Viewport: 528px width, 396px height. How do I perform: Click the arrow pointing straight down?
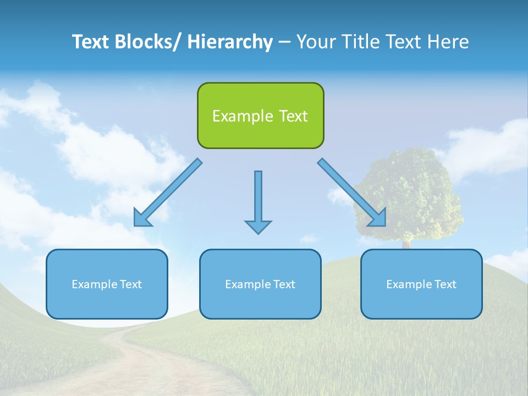258,201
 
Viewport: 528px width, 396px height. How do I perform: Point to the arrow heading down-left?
168,193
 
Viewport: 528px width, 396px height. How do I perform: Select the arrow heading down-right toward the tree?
352,193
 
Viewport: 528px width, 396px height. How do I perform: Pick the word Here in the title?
448,42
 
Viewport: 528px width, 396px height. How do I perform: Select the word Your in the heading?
316,42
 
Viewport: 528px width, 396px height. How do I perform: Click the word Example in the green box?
235,116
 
